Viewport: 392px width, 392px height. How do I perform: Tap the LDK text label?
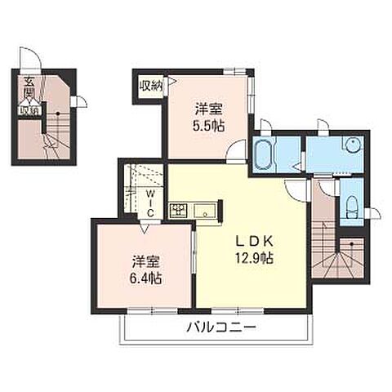250,242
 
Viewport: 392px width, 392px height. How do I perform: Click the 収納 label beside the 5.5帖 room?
151,85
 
